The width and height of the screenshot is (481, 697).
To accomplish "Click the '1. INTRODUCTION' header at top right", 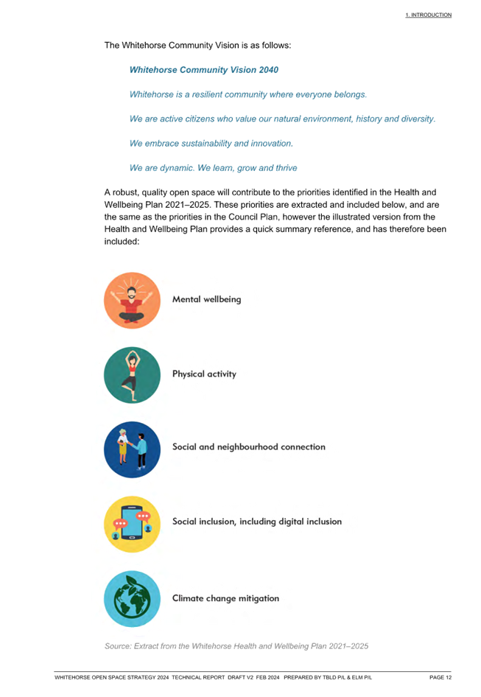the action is coord(428,15).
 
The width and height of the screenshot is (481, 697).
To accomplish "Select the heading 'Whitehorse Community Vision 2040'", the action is coord(203,70).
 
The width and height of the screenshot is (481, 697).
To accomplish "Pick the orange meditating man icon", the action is coord(132,301).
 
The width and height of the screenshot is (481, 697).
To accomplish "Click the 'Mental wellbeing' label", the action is coord(207,299).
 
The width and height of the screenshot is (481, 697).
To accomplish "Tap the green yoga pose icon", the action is coord(132,375).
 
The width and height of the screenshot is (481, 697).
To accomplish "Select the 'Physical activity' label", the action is coord(204,374).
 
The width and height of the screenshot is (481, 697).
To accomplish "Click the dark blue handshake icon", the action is coord(132,449).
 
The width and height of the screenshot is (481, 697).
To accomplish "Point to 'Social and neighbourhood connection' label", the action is coord(248,446).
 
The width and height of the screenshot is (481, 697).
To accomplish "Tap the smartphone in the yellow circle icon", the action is coord(132,523).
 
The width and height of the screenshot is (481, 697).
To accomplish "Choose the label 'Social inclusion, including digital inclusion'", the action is coord(257,522).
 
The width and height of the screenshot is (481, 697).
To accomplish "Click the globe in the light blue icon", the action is coord(132,600).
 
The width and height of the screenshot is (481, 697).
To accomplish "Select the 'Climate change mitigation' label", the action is coord(226,598).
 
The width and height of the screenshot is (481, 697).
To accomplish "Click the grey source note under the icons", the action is coord(236,646).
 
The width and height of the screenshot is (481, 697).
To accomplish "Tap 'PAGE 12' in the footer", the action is coord(440,677).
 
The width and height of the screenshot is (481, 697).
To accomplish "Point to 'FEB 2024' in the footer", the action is coord(267,677).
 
